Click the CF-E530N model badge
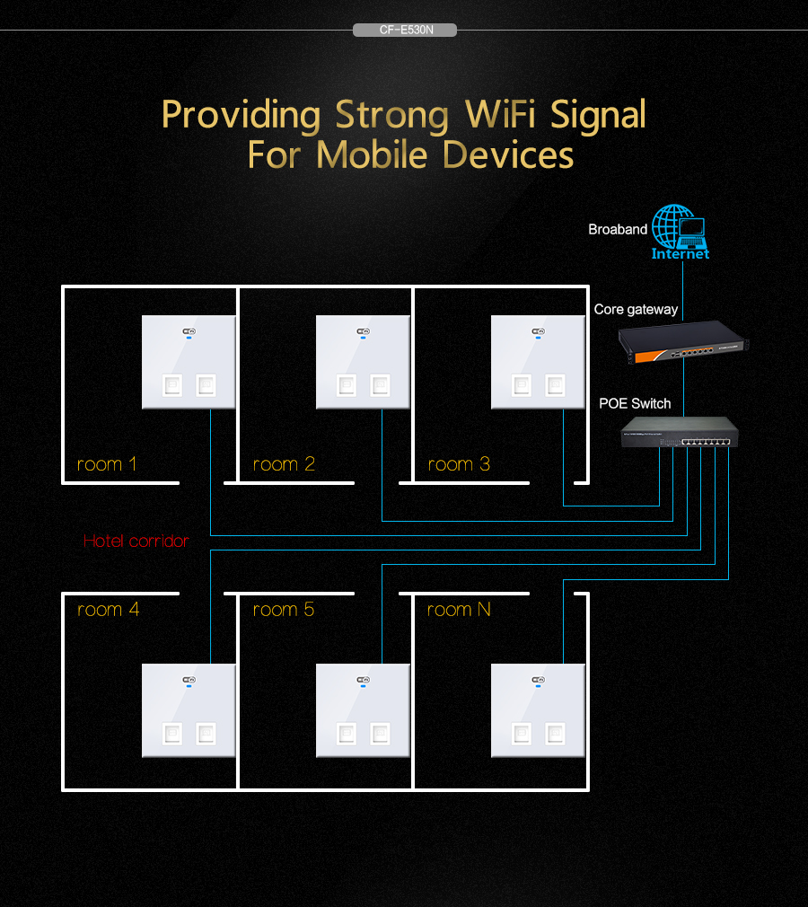click(x=404, y=30)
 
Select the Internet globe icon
click(x=680, y=232)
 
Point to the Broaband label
click(x=618, y=230)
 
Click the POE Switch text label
click(x=635, y=403)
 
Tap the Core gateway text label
click(x=636, y=310)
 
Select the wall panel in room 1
click(x=189, y=362)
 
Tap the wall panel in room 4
click(x=189, y=710)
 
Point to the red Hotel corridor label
click(x=136, y=541)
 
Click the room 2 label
click(x=284, y=464)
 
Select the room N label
click(x=459, y=610)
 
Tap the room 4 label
click(x=109, y=610)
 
